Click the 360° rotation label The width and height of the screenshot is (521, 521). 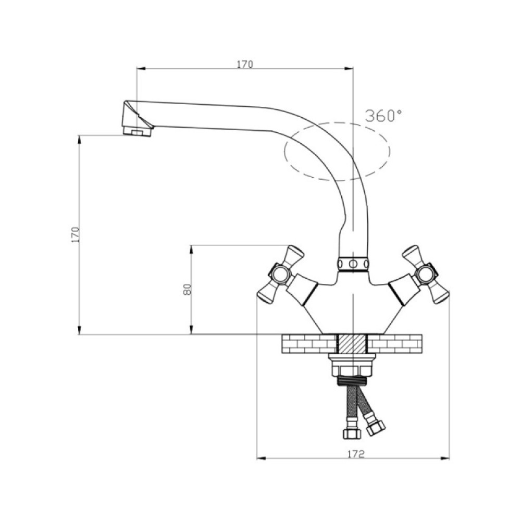383,115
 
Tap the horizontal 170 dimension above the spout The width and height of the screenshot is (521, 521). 244,64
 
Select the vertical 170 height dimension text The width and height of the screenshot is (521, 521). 76,234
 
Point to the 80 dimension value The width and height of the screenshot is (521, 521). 187,289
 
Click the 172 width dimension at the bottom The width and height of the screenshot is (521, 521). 356,454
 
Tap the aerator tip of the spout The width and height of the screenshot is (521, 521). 137,131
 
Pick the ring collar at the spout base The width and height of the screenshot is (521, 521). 353,264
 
